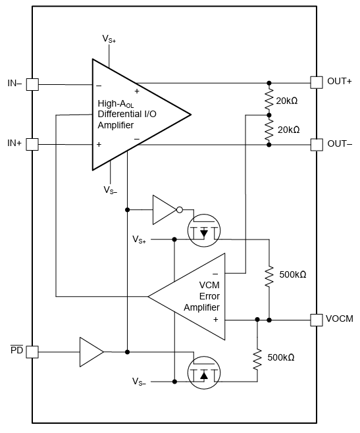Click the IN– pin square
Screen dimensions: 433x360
(x=32, y=84)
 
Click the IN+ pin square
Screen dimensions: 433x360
(x=32, y=144)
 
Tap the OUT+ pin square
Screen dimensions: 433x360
(x=316, y=82)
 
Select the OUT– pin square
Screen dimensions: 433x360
(x=316, y=144)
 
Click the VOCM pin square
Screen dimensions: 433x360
(x=316, y=319)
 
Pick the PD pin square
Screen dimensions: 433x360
(x=32, y=351)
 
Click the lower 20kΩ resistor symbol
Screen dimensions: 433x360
(x=269, y=129)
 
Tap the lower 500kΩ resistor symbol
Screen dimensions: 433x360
(x=257, y=358)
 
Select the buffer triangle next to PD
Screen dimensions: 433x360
(x=91, y=351)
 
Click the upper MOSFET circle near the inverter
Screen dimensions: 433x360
(x=203, y=232)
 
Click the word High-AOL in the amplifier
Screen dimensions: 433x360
(x=116, y=103)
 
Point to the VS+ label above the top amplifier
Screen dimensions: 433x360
(x=109, y=39)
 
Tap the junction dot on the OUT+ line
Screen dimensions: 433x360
(x=269, y=84)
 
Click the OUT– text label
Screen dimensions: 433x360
(x=340, y=144)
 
